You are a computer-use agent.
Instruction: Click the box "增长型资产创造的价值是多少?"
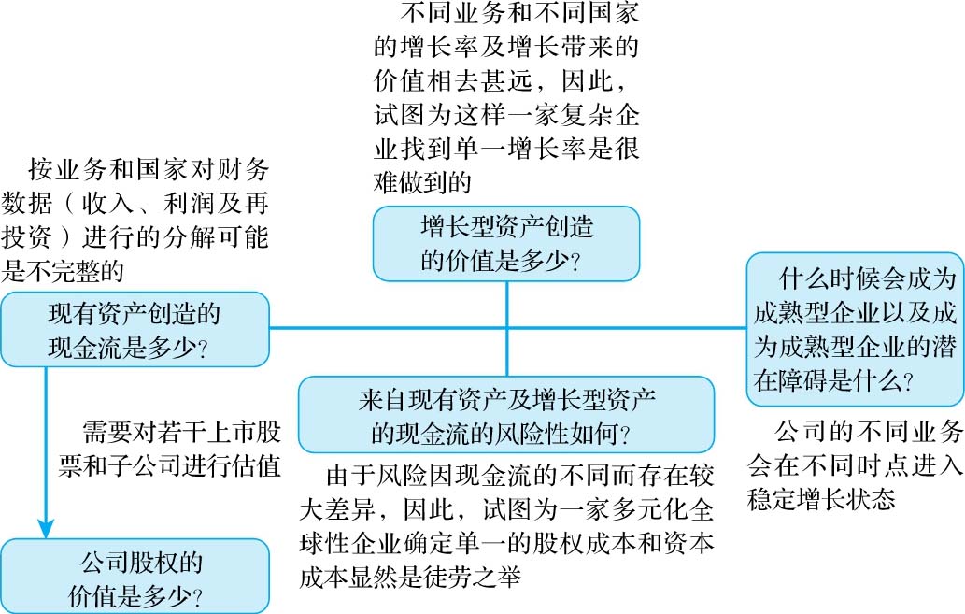click(x=506, y=243)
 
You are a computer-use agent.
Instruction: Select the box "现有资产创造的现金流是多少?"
click(x=135, y=329)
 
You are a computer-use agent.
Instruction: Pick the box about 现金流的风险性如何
click(x=506, y=416)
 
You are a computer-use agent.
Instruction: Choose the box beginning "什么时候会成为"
click(x=855, y=329)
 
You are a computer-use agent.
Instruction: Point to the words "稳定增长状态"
click(x=822, y=498)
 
